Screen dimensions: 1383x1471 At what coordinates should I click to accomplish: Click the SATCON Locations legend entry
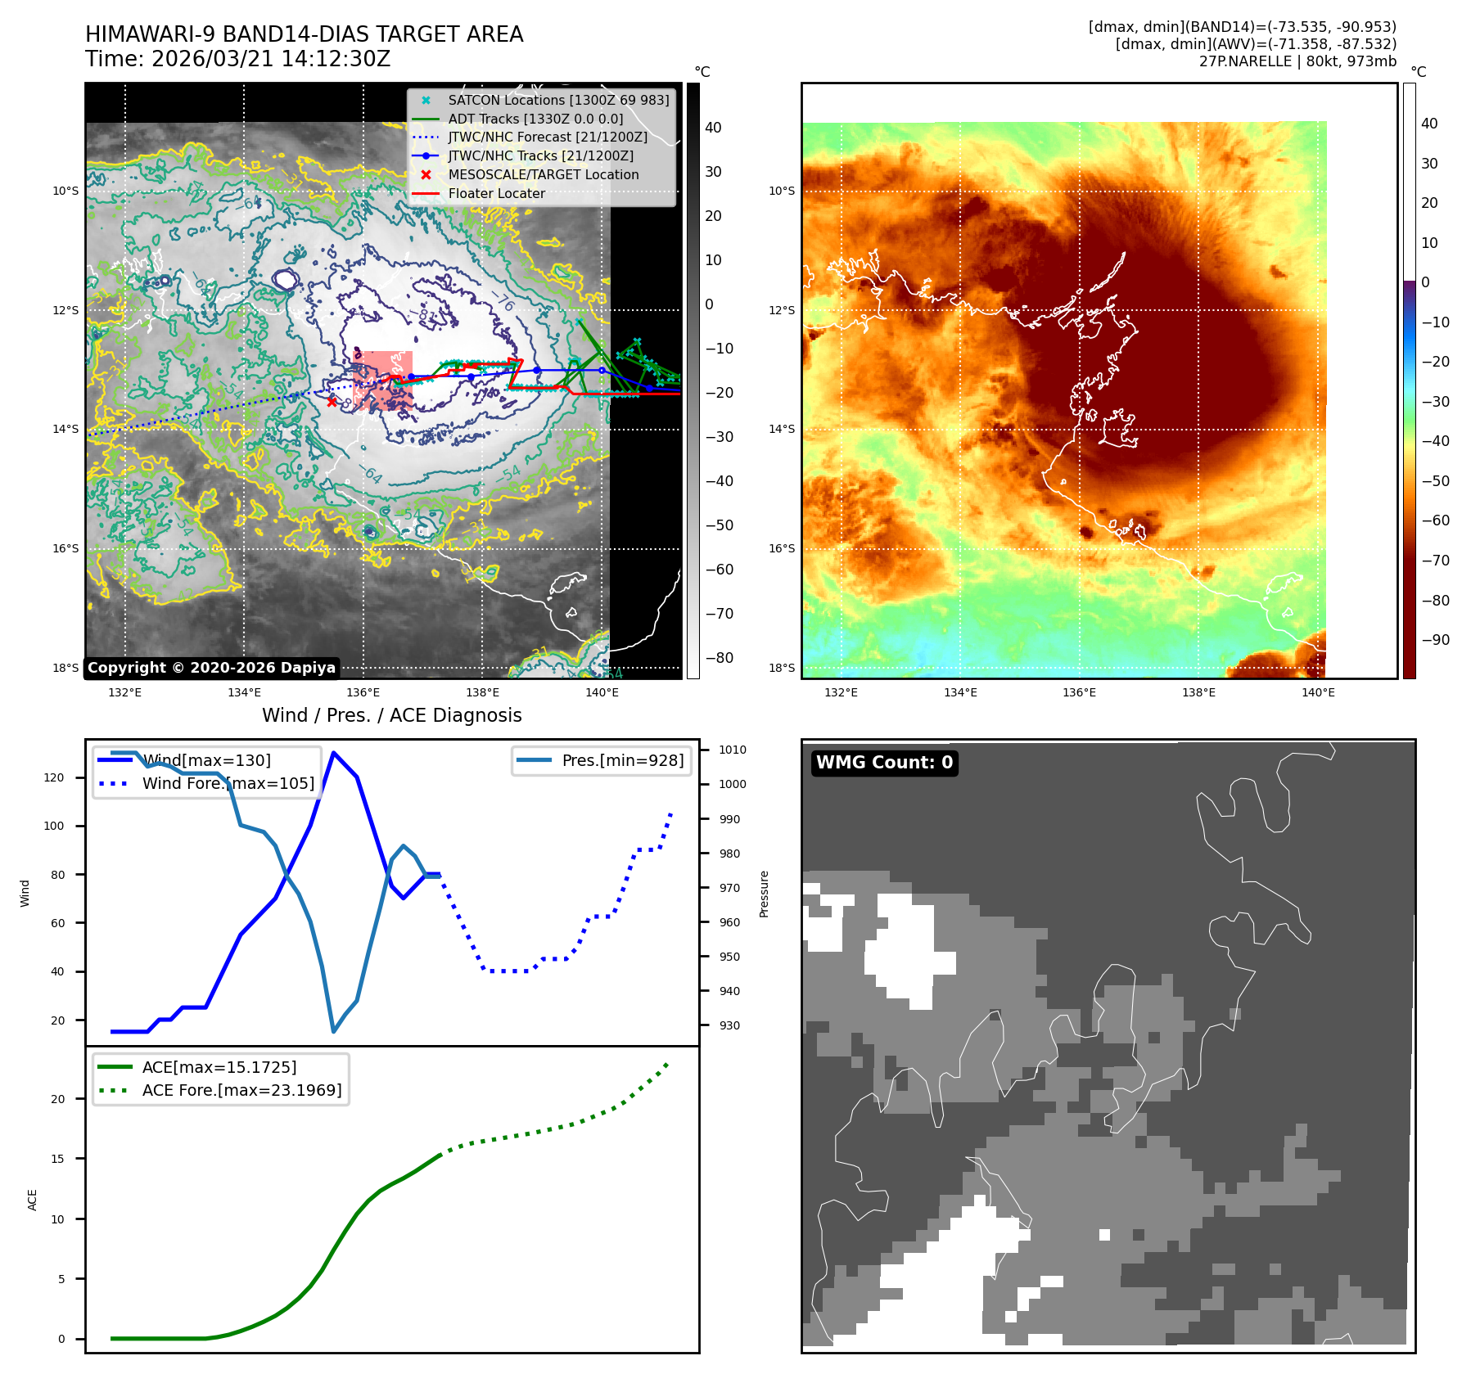[558, 100]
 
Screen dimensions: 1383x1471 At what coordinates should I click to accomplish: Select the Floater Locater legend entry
[496, 194]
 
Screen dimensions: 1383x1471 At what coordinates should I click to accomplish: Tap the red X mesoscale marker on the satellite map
[332, 402]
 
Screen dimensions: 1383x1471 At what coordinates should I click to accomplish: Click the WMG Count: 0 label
[884, 763]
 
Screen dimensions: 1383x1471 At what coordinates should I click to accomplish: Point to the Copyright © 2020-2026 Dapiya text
[211, 668]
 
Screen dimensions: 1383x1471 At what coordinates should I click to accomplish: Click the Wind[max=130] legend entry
[206, 760]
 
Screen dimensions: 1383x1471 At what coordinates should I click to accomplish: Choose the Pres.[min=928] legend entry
[622, 760]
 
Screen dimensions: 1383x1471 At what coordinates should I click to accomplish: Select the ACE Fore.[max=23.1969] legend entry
[241, 1090]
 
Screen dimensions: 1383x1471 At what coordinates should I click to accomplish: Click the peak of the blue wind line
[333, 753]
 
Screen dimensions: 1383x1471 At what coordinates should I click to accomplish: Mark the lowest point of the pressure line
[333, 1031]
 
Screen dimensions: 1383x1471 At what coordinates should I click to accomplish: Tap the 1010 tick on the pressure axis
[732, 750]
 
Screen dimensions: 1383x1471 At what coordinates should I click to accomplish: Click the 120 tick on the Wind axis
[54, 777]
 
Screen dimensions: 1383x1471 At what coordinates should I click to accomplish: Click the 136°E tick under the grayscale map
[363, 692]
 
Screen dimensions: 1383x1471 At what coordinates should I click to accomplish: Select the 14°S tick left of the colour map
[781, 429]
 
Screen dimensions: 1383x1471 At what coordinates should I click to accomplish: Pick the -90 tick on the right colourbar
[1435, 640]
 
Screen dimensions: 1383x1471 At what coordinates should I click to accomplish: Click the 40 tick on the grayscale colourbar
[713, 128]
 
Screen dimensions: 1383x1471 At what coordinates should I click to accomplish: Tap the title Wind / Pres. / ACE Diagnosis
[391, 715]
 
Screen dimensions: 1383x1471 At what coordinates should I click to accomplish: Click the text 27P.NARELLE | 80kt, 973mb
[1297, 61]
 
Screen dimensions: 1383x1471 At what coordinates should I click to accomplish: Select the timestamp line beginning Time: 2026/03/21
[238, 60]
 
